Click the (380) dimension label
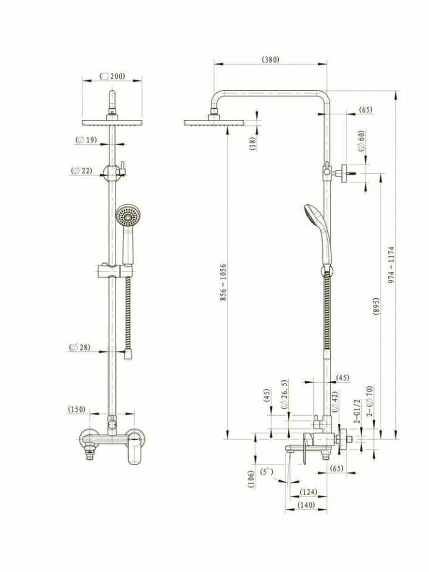click(x=270, y=60)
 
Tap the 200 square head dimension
click(x=112, y=76)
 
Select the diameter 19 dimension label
click(x=86, y=140)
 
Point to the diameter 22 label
click(x=82, y=171)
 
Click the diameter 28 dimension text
click(x=80, y=347)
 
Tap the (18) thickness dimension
click(x=253, y=143)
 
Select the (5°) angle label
click(x=267, y=472)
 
